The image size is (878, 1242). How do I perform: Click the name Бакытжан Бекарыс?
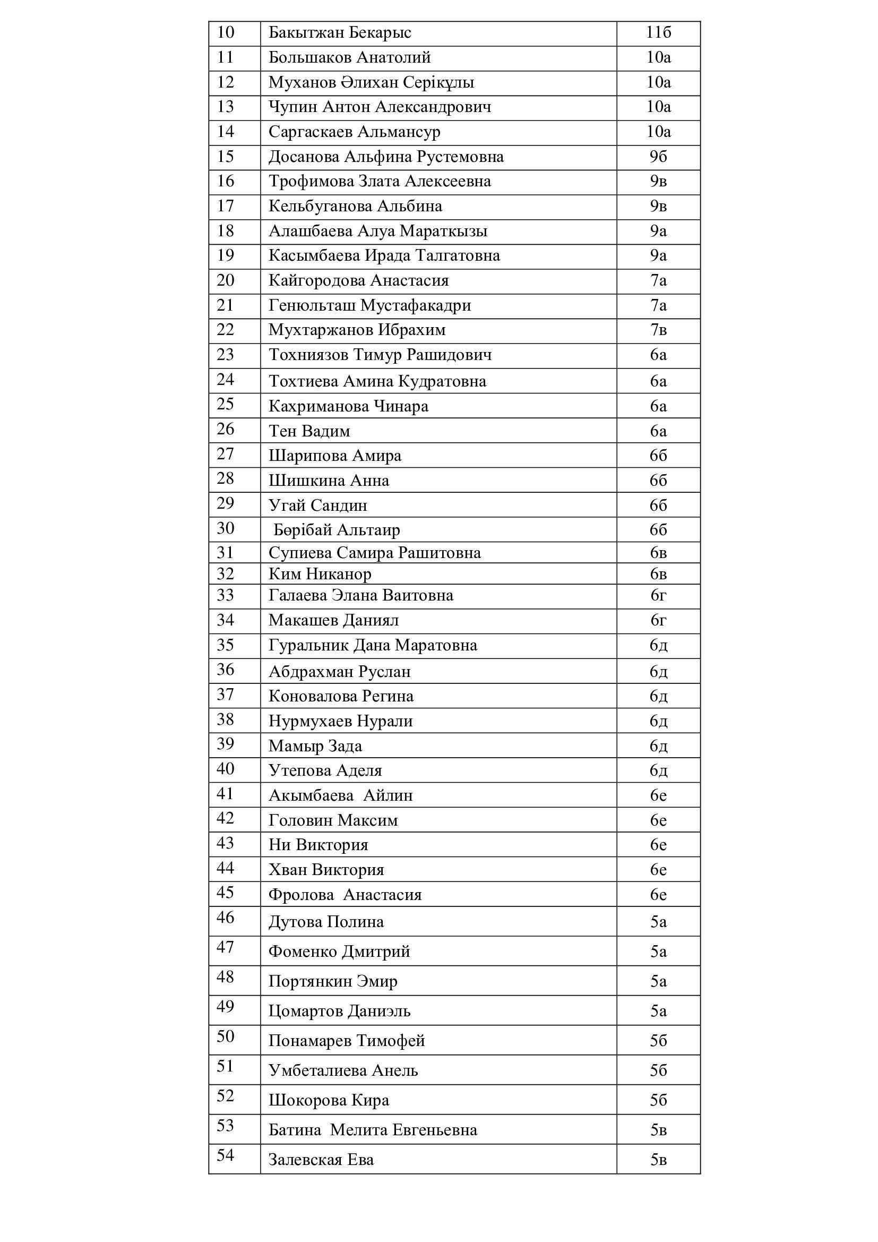(340, 33)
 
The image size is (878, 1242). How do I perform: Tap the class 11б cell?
(658, 33)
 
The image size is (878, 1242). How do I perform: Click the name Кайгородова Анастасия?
(358, 281)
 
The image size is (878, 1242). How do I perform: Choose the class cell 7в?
(658, 330)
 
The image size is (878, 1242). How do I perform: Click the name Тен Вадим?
(309, 431)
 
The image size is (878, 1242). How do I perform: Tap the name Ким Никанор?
(320, 574)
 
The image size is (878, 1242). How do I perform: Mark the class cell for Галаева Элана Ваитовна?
(658, 596)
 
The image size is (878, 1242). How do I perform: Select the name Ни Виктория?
(318, 845)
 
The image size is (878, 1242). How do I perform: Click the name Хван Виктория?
(326, 870)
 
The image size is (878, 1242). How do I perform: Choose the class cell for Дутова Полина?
(658, 922)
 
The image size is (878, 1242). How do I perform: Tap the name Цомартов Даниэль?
(339, 1011)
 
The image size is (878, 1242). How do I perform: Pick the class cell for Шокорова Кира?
(658, 1100)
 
